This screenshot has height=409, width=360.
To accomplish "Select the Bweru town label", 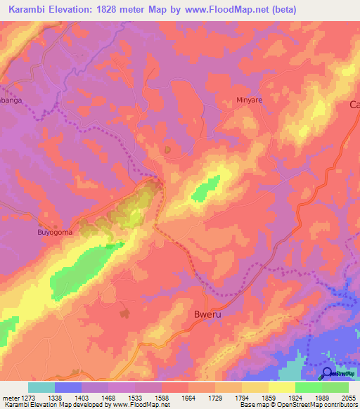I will [x=208, y=315].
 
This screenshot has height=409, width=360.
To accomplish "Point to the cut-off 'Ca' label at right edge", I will [x=354, y=105].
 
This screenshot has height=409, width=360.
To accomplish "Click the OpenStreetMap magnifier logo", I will [x=328, y=374].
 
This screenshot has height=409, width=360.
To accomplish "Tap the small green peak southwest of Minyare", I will [x=206, y=188].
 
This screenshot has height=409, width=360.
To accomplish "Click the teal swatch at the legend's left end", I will [x=41, y=387].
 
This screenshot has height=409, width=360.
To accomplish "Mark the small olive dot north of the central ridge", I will [x=167, y=150].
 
